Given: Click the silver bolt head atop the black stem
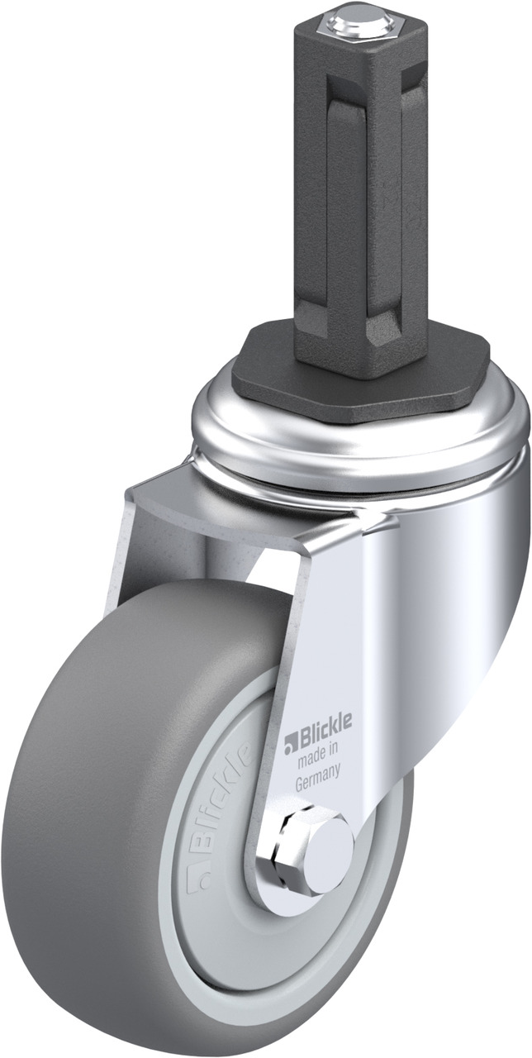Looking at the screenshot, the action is coord(352,21).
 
